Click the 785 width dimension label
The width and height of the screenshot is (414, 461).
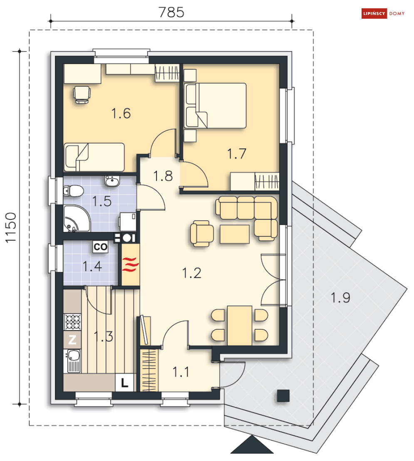coord(171,12)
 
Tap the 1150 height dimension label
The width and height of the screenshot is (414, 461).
coord(11,227)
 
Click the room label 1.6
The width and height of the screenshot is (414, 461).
coord(121,113)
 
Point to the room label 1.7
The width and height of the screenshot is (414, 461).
coord(237,154)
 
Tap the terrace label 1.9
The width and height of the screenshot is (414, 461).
coord(340,298)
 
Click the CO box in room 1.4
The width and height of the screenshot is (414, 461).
coord(100,247)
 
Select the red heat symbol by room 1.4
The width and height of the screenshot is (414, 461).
coord(130,264)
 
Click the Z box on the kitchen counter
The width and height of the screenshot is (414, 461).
coord(72,340)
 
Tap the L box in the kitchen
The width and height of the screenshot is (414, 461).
coord(124,382)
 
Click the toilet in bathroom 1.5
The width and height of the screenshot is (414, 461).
coord(73,191)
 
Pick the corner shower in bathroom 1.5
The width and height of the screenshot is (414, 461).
coord(76,219)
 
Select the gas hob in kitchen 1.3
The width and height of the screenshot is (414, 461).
coord(72,322)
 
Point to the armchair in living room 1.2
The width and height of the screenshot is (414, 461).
coord(201,234)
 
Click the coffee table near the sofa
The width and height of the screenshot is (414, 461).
coord(235,234)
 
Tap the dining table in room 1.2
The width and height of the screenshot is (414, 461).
coord(240,325)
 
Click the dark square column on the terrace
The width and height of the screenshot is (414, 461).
coord(283,396)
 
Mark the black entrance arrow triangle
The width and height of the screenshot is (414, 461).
coord(252,446)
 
